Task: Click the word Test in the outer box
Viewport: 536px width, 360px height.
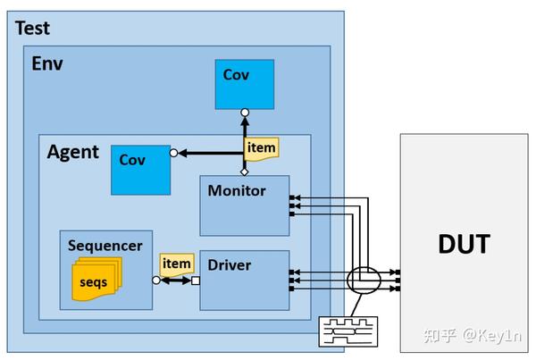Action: pyautogui.click(x=33, y=28)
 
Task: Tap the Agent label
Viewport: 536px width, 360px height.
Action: pyautogui.click(x=72, y=151)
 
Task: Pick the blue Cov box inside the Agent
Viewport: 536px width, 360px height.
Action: pyautogui.click(x=140, y=168)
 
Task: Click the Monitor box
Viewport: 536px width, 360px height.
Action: pyautogui.click(x=244, y=205)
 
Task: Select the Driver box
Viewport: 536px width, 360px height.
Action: pyautogui.click(x=244, y=280)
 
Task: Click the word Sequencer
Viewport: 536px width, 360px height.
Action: pyautogui.click(x=106, y=245)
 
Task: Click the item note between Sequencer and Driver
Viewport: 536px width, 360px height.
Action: pyautogui.click(x=176, y=264)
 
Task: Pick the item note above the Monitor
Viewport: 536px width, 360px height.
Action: pyautogui.click(x=262, y=148)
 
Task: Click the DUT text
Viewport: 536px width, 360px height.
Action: pyautogui.click(x=463, y=243)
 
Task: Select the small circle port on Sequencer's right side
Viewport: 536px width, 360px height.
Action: pyautogui.click(x=157, y=280)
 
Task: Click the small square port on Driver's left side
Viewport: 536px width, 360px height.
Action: pyautogui.click(x=195, y=280)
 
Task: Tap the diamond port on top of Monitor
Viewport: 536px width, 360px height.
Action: pyautogui.click(x=244, y=171)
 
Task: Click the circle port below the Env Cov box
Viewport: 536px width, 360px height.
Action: pyautogui.click(x=244, y=113)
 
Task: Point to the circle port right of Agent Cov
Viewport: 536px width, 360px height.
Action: pyautogui.click(x=174, y=152)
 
